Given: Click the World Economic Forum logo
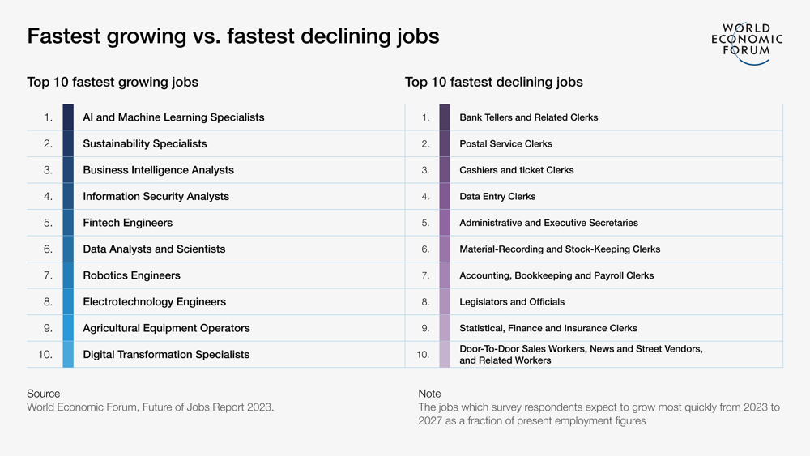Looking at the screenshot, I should pos(747,42).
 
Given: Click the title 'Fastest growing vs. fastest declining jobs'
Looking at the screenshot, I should pos(233,36).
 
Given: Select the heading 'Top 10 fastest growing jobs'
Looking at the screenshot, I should pos(113,82).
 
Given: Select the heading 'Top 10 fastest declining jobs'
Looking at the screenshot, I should pos(493,82).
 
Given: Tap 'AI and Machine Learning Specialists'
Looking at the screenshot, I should pos(173,117).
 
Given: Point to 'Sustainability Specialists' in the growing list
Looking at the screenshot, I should pos(145,143).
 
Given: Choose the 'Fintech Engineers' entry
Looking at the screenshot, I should pos(127,223).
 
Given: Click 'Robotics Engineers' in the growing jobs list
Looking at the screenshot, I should pos(131,275).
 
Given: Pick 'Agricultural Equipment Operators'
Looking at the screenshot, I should pos(166,328).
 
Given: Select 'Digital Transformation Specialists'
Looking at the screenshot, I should pos(166,355).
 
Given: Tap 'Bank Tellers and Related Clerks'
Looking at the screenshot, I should pos(528,117).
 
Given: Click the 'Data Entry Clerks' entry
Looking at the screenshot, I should pos(497,196).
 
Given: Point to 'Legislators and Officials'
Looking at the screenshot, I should pos(512,301).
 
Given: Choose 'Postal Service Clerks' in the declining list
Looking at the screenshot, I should pos(505,143).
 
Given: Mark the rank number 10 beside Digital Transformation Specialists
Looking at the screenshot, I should pos(45,355).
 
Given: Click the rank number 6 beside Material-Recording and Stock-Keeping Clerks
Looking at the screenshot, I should pos(425,249).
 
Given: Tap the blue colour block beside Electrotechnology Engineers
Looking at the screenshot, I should pos(68,301).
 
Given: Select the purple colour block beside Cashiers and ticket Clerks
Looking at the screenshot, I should pos(445,170).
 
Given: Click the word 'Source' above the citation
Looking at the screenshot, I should pos(44,394).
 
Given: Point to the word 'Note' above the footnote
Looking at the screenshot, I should pos(429,394).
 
